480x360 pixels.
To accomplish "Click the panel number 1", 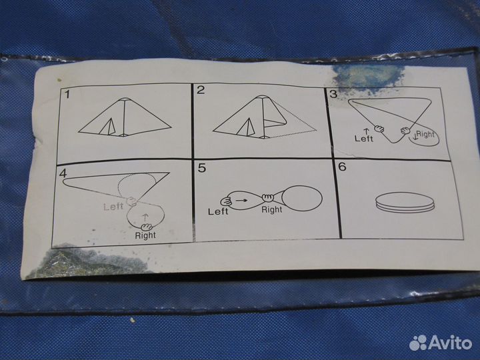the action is click(x=67, y=94).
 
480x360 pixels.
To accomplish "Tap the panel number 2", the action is click(x=201, y=90).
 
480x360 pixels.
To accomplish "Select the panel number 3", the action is click(x=333, y=94).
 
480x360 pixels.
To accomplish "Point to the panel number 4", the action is click(x=63, y=173).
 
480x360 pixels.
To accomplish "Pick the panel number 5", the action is click(x=202, y=168).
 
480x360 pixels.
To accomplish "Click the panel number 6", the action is click(x=342, y=167).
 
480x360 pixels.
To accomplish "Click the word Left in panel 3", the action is click(x=364, y=139).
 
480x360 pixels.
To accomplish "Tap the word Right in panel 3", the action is click(x=425, y=134).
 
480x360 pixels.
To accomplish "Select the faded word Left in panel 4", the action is click(x=113, y=207).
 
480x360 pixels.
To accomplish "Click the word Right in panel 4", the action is click(x=145, y=235).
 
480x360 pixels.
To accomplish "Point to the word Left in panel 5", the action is click(x=218, y=211).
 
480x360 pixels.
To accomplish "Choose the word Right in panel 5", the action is click(x=272, y=210).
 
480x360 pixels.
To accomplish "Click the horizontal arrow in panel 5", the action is click(x=241, y=200).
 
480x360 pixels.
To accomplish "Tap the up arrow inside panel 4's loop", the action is click(x=145, y=217).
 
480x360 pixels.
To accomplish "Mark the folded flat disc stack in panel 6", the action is click(x=405, y=203).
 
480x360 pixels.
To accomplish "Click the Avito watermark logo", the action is click(x=441, y=343).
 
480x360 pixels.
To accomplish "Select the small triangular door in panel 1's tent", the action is click(x=108, y=127).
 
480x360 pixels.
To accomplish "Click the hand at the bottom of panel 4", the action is click(x=147, y=227).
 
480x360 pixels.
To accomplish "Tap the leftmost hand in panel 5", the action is click(x=227, y=201).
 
